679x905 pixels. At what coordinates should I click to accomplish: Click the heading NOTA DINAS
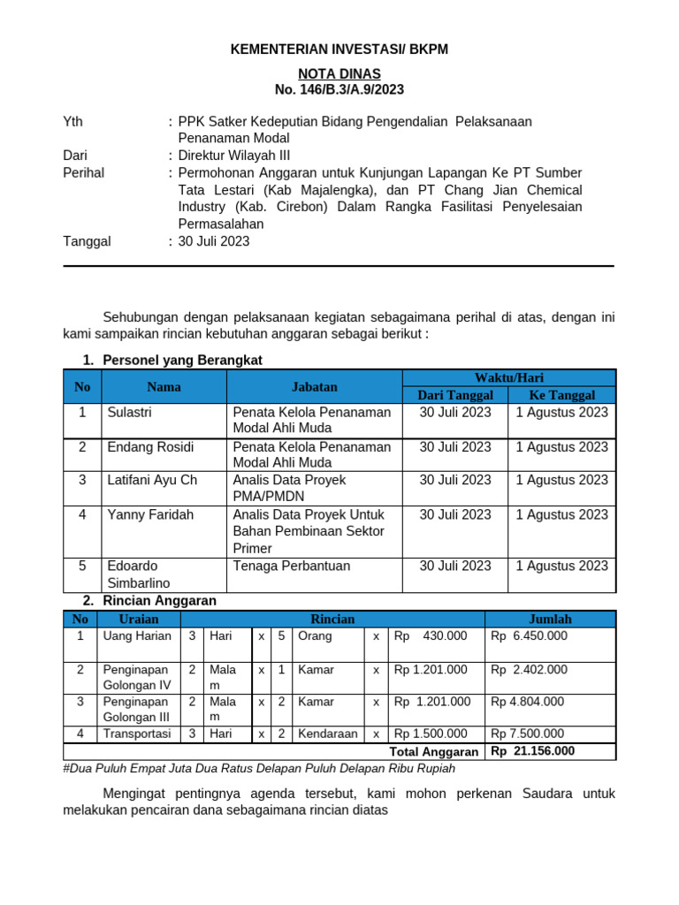tap(339, 73)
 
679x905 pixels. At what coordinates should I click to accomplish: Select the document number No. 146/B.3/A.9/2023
tap(339, 89)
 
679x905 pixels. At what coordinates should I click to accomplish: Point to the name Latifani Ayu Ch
tap(152, 480)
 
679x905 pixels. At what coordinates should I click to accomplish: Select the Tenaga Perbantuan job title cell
tap(292, 566)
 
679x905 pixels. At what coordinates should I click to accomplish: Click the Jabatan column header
tap(315, 386)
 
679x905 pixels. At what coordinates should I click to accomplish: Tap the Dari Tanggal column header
tap(454, 395)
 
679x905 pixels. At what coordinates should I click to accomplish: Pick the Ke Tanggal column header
tap(561, 395)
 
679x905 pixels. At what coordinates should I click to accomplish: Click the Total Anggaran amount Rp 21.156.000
tap(532, 751)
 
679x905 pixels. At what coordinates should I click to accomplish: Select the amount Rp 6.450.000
tap(529, 635)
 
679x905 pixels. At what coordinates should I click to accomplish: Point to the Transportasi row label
tap(137, 734)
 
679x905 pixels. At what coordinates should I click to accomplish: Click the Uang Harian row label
tap(137, 635)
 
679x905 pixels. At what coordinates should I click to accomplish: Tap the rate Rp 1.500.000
tap(431, 734)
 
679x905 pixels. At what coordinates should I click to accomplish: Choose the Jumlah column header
tap(550, 619)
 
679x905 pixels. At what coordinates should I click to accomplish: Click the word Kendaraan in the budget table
tap(328, 734)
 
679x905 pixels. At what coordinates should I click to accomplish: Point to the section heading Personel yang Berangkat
tap(182, 361)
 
